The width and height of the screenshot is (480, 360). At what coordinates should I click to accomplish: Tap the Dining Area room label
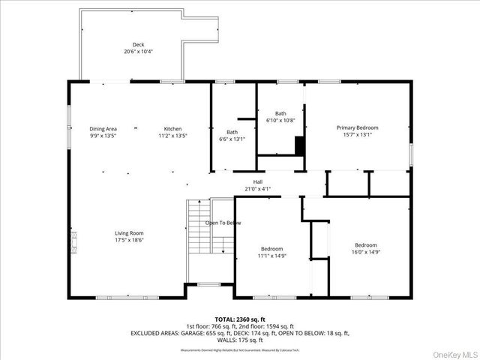pos(103,129)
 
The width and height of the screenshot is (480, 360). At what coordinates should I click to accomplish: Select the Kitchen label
pos(173,129)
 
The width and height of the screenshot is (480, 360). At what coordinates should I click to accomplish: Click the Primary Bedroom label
pos(357,128)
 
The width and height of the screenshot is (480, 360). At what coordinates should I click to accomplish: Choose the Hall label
pos(258,181)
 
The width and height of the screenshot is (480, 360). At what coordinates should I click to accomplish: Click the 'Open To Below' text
pos(223,223)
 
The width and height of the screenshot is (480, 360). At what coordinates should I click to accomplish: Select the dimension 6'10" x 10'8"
pos(280,120)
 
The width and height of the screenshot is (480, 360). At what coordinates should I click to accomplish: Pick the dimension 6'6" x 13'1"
pos(232,138)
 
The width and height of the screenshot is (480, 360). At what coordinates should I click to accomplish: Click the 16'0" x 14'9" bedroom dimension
pos(366,252)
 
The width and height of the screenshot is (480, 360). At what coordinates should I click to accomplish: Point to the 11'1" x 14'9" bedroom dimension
pos(271,256)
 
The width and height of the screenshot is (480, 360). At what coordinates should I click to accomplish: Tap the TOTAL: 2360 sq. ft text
pos(239,319)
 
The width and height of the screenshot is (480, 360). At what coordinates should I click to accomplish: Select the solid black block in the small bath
pos(300,145)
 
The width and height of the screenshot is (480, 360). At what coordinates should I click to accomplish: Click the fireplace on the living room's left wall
pos(73,241)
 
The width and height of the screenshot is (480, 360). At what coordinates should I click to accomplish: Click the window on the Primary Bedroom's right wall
pos(410,152)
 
